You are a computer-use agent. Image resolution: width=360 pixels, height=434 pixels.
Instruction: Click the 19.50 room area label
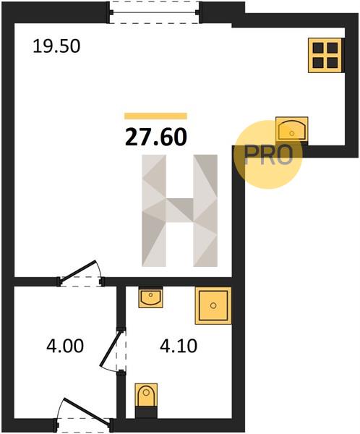pos(56,46)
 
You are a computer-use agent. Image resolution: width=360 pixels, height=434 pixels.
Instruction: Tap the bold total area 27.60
pos(156,137)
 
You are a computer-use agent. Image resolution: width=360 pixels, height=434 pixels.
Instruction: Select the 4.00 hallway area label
pos(65,346)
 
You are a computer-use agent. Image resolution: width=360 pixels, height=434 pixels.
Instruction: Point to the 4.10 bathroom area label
pos(179,346)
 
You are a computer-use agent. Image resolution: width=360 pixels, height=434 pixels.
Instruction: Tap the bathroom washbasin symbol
pos(150,297)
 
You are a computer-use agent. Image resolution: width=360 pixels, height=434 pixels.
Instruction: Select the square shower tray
pos(213,305)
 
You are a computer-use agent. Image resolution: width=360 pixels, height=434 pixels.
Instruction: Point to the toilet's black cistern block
pos(146,412)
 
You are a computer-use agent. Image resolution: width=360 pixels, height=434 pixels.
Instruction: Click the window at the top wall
pos(155,12)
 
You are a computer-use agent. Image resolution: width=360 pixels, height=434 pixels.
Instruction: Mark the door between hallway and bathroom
pos(113,350)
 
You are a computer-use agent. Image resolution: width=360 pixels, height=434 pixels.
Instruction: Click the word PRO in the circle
pos(268,155)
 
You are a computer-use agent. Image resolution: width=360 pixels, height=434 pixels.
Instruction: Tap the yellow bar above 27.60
pos(155,116)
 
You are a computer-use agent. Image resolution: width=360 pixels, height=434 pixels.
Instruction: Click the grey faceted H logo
pos(179,210)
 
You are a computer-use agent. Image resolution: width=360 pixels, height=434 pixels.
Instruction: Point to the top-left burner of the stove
pos(318,48)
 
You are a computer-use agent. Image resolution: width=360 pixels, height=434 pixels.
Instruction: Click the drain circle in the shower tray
pos(213,305)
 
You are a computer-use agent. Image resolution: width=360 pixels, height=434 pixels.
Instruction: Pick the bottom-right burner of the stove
pos(333,62)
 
